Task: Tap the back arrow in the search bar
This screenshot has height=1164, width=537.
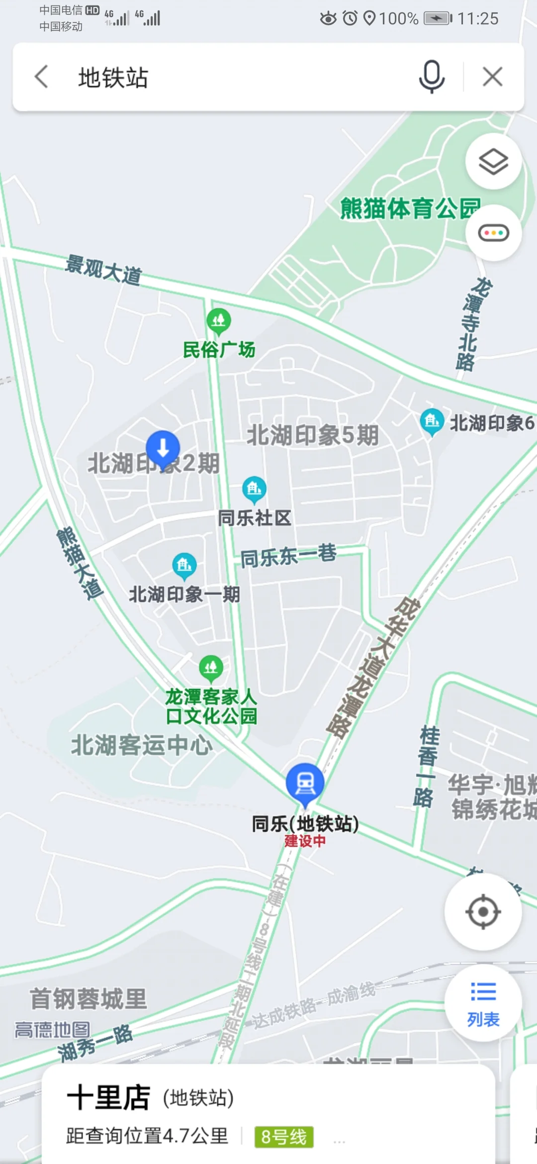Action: point(42,77)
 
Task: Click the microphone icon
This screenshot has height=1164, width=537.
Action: point(431,77)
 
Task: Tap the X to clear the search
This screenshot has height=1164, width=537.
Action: point(492,77)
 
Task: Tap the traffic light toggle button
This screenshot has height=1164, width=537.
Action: point(493,233)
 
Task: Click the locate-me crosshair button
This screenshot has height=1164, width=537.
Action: point(483,912)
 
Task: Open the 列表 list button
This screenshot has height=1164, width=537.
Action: point(483,1003)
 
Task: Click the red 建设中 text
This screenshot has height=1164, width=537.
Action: point(305,841)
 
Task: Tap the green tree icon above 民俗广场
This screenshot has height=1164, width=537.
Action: point(218,321)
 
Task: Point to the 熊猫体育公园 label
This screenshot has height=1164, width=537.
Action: point(410,208)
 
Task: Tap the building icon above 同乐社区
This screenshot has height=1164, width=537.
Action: point(254,489)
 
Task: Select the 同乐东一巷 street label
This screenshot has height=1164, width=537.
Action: point(288,556)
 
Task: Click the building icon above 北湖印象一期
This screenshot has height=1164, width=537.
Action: point(184,566)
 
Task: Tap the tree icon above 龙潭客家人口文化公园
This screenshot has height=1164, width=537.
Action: point(211,667)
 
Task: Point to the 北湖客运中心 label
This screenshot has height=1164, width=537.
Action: point(142,745)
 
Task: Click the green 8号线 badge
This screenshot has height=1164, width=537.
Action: point(284,1137)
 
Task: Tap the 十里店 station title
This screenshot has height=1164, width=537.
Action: point(108,1098)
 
